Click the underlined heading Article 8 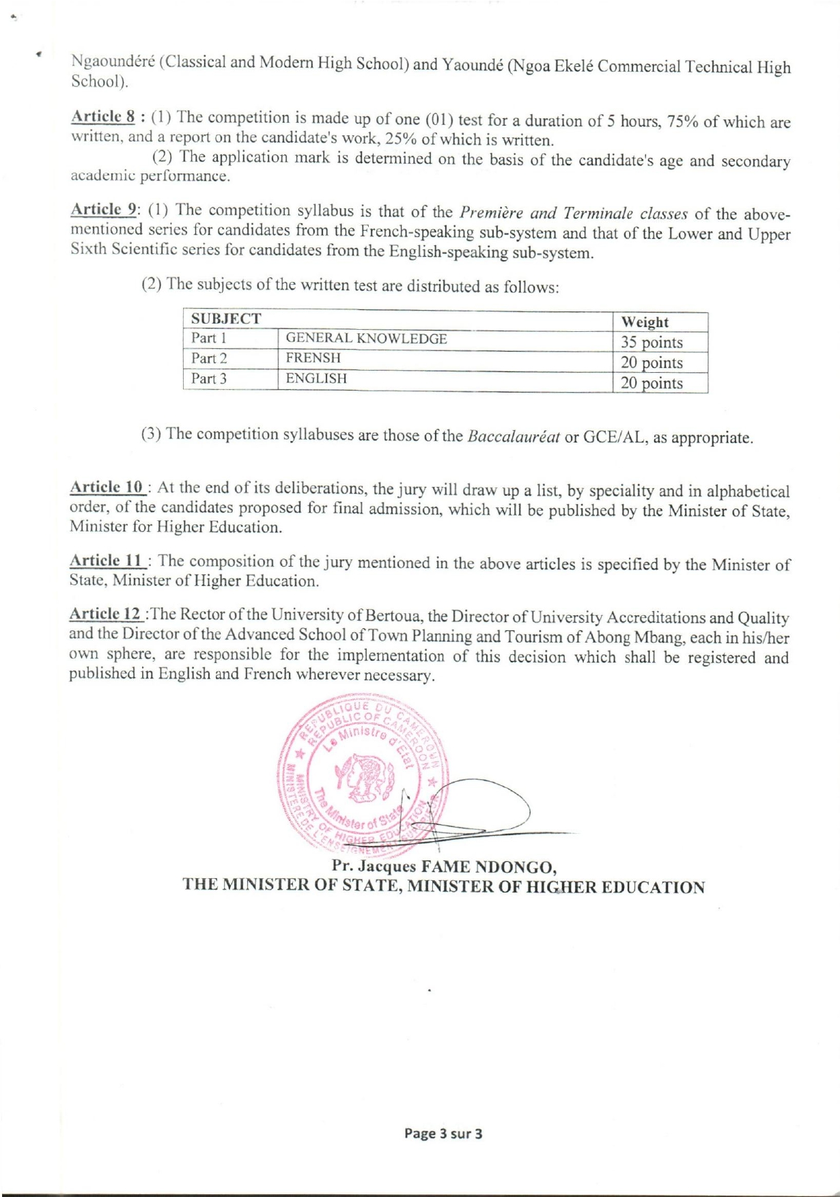coord(100,115)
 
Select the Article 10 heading coord(107,488)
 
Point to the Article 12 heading coord(106,614)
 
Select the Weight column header coord(645,322)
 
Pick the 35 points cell coord(652,343)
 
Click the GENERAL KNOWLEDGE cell coord(366,339)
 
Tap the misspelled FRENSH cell coord(313,358)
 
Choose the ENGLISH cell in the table coord(316,378)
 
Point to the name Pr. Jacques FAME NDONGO coord(443,867)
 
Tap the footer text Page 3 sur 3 coord(443,1134)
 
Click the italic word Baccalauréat coord(514,436)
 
